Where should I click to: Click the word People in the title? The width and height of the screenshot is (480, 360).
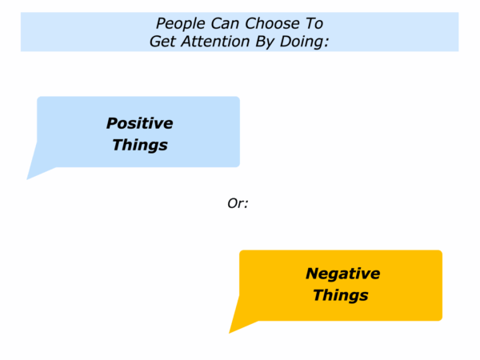tap(180, 24)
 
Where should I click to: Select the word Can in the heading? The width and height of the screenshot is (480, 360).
tap(225, 23)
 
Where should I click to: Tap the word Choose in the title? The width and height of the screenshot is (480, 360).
tap(272, 23)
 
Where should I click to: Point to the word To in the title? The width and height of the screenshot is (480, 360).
tap(314, 23)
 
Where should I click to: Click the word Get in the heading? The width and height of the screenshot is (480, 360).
tap(162, 41)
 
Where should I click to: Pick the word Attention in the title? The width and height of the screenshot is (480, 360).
tap(215, 41)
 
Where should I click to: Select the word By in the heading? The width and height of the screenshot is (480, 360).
tap(265, 42)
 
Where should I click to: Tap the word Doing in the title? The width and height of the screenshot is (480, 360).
tap(302, 42)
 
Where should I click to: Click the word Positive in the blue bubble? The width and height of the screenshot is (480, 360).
tap(139, 123)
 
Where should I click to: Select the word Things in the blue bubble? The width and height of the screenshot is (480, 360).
tap(140, 145)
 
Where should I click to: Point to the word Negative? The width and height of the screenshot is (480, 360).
tap(343, 274)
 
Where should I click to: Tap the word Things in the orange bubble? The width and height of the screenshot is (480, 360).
tap(341, 295)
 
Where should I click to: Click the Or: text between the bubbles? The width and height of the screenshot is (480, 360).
tap(238, 203)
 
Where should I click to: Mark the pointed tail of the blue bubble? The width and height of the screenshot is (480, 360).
tap(27, 179)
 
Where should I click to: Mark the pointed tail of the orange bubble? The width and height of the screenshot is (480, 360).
tap(230, 333)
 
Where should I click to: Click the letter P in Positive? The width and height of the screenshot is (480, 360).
tap(112, 123)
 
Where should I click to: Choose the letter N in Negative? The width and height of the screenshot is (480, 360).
tap(312, 274)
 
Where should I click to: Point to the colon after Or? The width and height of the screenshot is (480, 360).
tap(246, 205)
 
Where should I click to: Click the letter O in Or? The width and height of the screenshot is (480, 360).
tap(232, 203)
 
